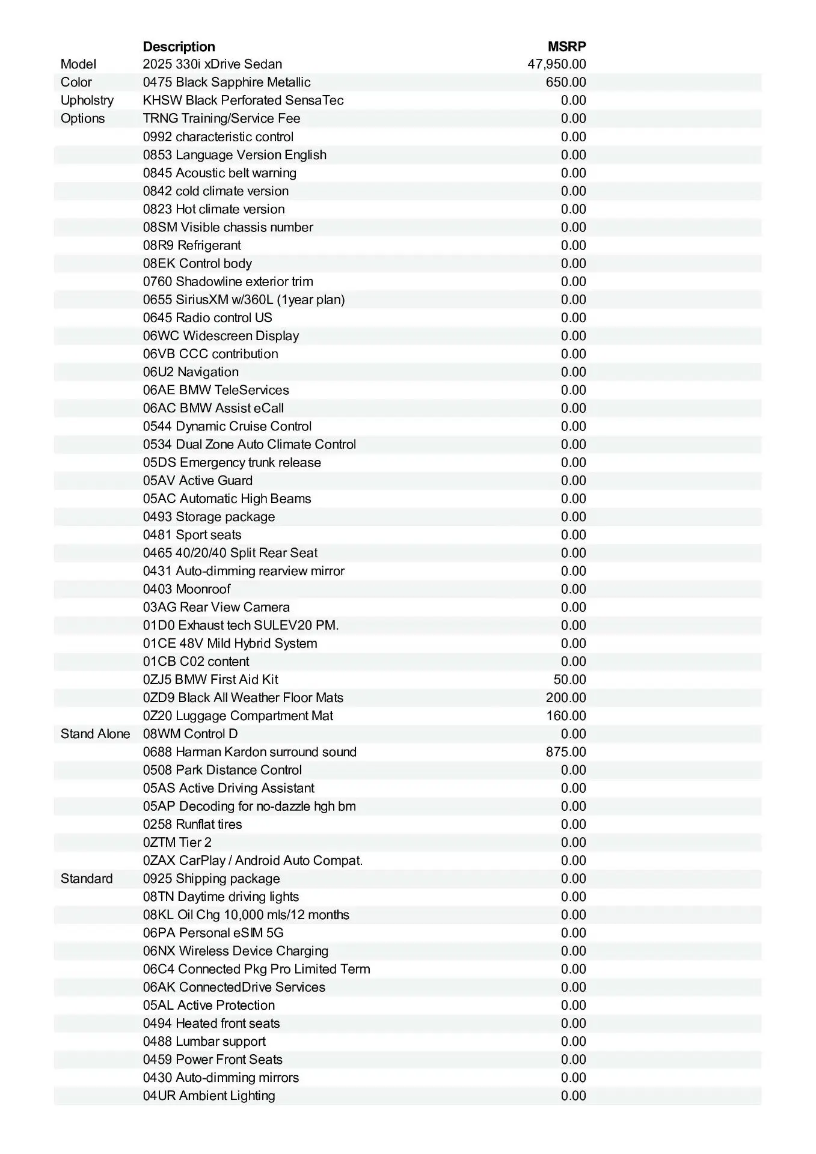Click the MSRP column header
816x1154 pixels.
[566, 46]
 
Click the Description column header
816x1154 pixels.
[179, 46]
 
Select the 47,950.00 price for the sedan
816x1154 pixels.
[556, 64]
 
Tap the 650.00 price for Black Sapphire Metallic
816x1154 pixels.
[565, 82]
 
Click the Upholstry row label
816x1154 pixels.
[87, 100]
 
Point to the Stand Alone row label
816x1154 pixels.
[95, 734]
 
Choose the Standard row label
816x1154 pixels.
[87, 879]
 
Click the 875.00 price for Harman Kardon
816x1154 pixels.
[565, 752]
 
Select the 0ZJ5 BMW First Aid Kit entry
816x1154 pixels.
[210, 680]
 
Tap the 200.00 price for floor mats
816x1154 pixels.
[565, 698]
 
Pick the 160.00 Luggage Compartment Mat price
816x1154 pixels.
[565, 716]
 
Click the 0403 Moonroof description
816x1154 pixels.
[186, 589]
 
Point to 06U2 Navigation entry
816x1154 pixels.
[191, 372]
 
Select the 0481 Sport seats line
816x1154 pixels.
[192, 535]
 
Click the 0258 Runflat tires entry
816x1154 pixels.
[192, 825]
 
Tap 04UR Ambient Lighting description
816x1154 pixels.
[209, 1096]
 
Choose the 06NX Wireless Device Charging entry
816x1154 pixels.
[235, 951]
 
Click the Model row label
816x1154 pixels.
[78, 64]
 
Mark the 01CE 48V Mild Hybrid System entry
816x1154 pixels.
[230, 644]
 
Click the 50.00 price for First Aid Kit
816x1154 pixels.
[569, 680]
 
